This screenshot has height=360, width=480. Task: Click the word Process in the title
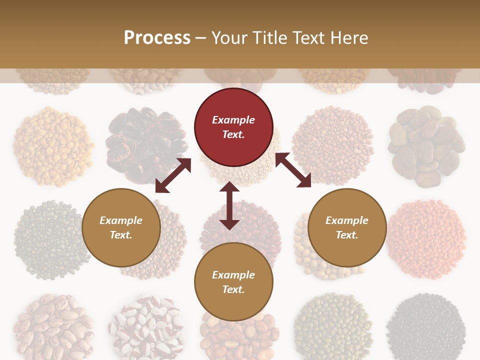[157, 38]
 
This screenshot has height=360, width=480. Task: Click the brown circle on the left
[121, 227]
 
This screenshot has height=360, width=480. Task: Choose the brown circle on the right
[347, 227]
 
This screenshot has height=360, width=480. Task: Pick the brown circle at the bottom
[233, 282]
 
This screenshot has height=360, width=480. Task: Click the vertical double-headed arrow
[229, 205]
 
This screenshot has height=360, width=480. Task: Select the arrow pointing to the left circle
[173, 175]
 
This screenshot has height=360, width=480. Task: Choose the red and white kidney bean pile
[145, 327]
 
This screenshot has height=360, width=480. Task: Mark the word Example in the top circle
[233, 120]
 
